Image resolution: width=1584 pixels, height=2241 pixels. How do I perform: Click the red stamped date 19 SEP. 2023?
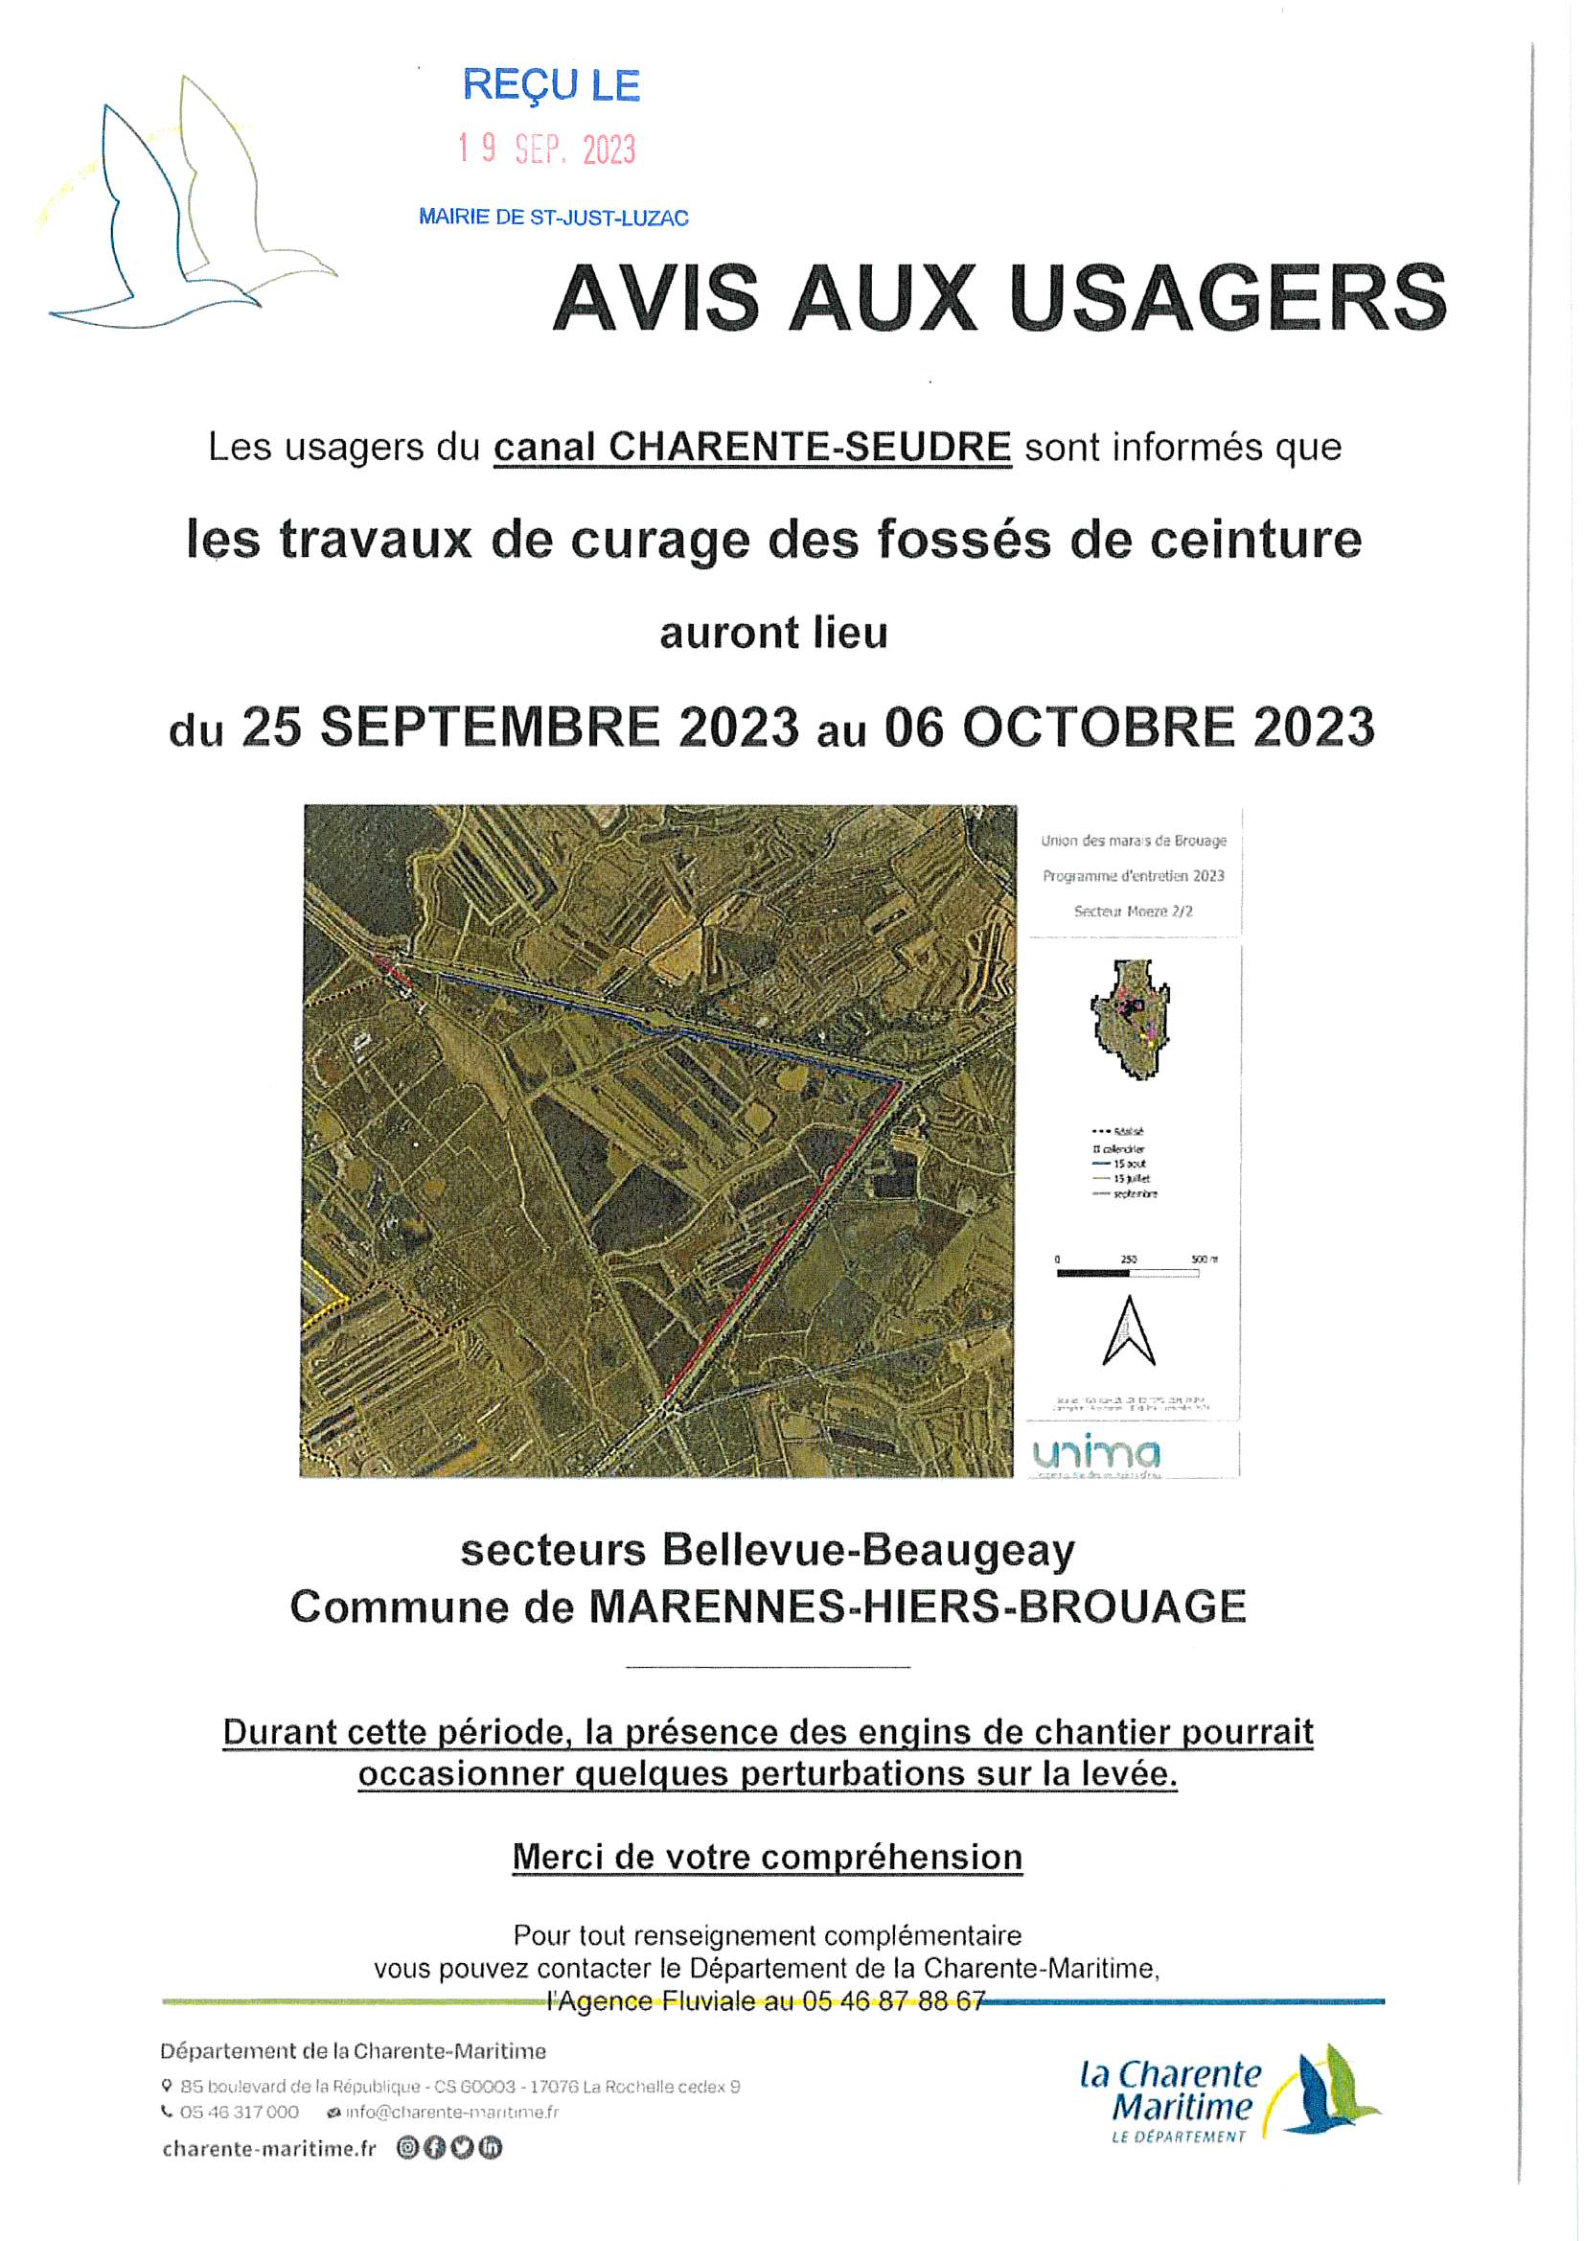(x=546, y=150)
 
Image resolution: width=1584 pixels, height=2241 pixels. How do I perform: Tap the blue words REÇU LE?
(x=550, y=86)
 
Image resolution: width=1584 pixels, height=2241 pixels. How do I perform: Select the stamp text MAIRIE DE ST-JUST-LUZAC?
(x=553, y=218)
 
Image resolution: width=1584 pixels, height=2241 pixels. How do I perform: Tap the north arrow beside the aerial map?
(x=1128, y=1331)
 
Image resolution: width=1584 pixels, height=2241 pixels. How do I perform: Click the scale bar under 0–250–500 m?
(x=1127, y=1273)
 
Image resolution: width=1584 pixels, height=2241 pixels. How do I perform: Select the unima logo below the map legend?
(x=1097, y=1453)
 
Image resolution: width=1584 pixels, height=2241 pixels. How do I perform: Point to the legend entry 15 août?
(x=1129, y=1164)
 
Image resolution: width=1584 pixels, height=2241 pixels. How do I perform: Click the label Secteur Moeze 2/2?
(x=1132, y=911)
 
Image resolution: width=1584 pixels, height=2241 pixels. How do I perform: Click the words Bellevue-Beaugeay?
(x=867, y=1550)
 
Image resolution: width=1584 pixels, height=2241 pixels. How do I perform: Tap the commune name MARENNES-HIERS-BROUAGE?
(x=916, y=1607)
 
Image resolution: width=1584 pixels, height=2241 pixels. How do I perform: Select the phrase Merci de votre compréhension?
(x=768, y=1857)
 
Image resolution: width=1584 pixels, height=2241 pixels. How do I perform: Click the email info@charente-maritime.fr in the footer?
(x=452, y=2113)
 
